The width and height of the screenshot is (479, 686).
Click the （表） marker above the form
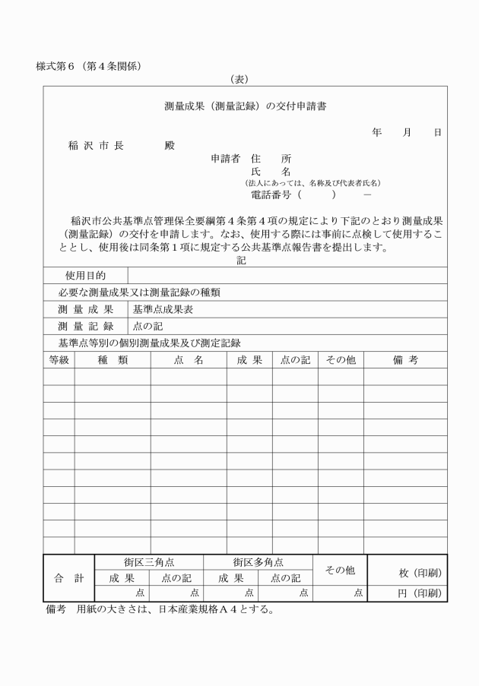(240, 79)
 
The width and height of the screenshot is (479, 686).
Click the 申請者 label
(225, 159)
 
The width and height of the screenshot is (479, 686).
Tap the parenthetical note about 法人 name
(312, 183)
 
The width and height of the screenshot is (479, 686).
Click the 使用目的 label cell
(85, 275)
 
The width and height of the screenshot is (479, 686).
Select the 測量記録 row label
(85, 326)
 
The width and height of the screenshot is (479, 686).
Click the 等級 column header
(59, 360)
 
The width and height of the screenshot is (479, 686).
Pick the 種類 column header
(113, 360)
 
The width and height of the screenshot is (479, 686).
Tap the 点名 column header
(189, 360)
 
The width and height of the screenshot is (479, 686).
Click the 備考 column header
(404, 360)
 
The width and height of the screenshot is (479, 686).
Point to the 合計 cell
(68, 578)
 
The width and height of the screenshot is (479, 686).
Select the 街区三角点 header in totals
(149, 562)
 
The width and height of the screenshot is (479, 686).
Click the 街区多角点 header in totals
(259, 562)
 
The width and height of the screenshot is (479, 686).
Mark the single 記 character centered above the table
(241, 260)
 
